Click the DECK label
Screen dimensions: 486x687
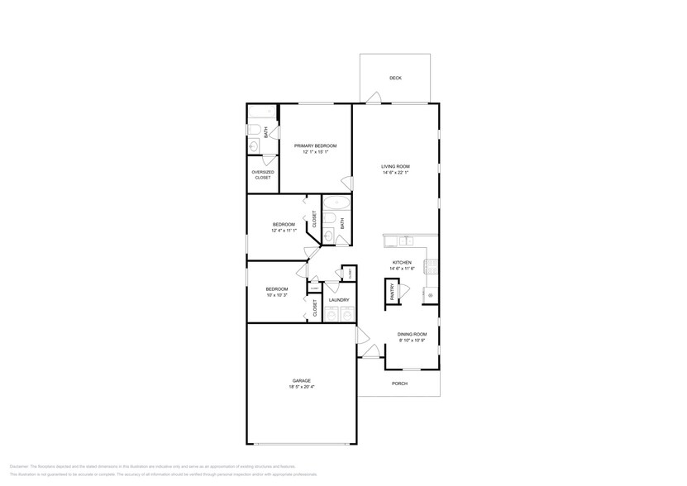point(395,79)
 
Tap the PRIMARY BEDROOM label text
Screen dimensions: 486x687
point(315,145)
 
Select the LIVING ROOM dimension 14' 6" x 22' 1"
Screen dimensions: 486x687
point(396,174)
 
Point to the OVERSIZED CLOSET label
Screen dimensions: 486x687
point(263,175)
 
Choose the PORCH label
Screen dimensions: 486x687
point(399,384)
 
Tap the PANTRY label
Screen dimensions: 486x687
point(393,292)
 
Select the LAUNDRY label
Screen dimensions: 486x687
point(338,300)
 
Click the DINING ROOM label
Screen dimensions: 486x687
point(412,334)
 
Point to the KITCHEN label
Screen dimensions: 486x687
point(402,263)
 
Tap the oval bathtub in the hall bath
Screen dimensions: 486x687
point(336,202)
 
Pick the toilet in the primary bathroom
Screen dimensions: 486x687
point(255,130)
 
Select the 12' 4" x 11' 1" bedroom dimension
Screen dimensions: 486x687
point(284,231)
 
